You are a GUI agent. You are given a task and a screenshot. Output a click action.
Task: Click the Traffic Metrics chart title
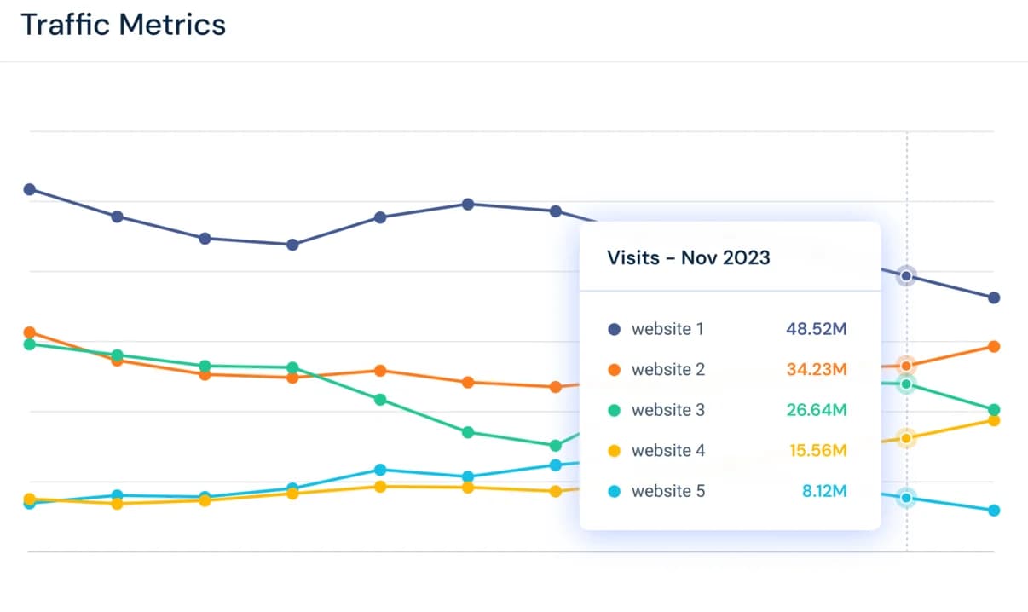click(x=123, y=25)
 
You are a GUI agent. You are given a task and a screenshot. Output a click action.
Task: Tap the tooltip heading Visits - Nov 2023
click(x=688, y=257)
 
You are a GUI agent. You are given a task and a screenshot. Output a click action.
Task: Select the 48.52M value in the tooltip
click(x=816, y=329)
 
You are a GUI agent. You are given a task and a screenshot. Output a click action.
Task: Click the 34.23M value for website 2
click(x=816, y=370)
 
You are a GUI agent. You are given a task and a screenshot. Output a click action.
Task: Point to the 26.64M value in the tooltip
click(x=816, y=410)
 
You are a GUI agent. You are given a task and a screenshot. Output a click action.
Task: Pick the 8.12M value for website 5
click(x=823, y=491)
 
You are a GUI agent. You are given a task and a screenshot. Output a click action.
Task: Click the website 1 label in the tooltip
click(x=667, y=329)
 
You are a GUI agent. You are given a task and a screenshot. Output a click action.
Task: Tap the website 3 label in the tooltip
click(x=667, y=410)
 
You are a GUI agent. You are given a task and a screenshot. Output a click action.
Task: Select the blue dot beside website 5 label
click(x=615, y=492)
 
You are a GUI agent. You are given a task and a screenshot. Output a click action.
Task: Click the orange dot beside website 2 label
click(x=615, y=370)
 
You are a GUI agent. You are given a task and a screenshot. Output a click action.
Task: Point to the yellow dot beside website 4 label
click(x=615, y=451)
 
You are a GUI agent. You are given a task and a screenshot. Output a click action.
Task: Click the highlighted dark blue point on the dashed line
click(x=906, y=276)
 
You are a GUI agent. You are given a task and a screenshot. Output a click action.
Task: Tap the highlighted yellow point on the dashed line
click(x=906, y=438)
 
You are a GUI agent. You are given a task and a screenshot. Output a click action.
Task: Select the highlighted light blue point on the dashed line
click(x=906, y=498)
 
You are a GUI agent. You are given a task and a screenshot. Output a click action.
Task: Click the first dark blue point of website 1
click(x=29, y=189)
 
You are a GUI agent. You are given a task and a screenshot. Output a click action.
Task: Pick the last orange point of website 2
click(x=994, y=346)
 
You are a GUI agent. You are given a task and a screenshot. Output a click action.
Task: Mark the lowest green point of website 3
click(x=556, y=445)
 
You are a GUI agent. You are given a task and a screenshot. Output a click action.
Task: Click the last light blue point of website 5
click(x=994, y=511)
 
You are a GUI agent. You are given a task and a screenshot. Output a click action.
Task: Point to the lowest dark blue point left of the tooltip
click(x=292, y=245)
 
